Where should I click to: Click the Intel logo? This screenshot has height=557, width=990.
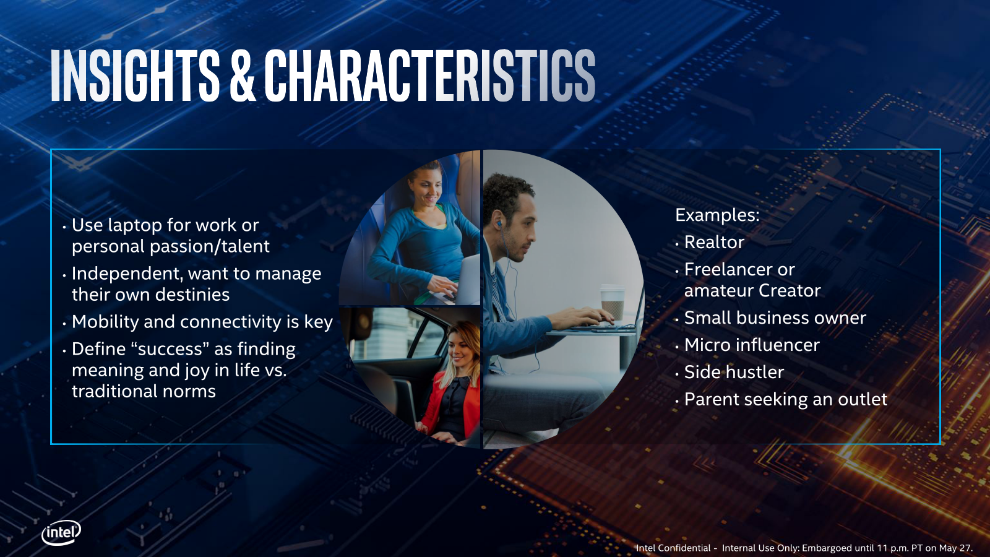point(61,533)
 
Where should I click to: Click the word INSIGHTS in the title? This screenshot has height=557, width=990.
point(135,75)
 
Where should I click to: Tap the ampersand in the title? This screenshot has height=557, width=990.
point(242,75)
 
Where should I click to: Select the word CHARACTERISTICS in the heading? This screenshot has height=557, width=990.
point(430,75)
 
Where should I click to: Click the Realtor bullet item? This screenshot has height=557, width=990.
point(714,242)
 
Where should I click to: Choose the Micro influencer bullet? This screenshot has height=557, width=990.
point(752,345)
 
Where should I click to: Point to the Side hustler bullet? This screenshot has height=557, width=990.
point(734,372)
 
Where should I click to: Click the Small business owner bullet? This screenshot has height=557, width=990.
point(775,318)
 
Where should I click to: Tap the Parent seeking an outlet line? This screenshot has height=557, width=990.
point(785,400)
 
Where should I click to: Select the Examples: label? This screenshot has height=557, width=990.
point(717,215)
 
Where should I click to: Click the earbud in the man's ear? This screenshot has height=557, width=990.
point(500,225)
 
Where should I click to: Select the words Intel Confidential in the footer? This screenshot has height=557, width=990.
point(673,548)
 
